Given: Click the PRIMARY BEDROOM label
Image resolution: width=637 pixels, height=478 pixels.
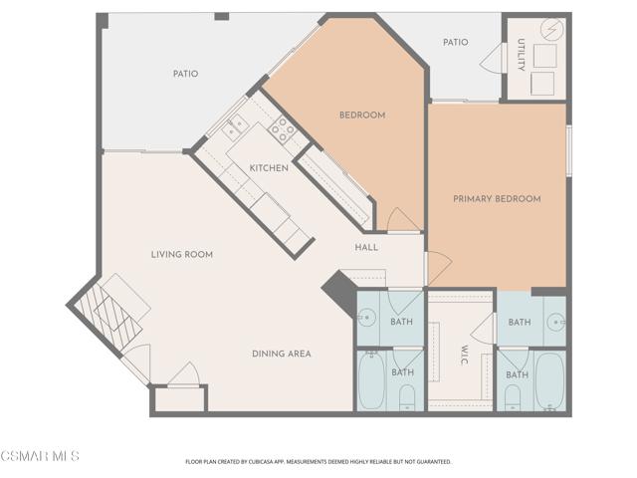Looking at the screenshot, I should click(497, 199).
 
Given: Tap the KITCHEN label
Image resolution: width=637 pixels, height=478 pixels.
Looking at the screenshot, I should click(269, 168).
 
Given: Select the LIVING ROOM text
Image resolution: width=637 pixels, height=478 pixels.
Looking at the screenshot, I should click(182, 255).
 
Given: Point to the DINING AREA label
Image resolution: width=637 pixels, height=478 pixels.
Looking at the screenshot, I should click(281, 354).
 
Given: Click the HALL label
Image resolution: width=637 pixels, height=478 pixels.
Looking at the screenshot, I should click(366, 247).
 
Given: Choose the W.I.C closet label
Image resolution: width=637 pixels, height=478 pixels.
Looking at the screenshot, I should click(464, 356).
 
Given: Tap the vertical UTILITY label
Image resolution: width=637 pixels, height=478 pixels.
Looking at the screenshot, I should click(521, 56).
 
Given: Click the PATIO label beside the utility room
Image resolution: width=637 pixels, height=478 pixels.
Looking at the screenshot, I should click(455, 42).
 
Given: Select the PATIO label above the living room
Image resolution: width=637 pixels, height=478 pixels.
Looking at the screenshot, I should click(185, 74).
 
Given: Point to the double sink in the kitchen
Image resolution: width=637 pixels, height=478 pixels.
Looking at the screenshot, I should click(236, 126).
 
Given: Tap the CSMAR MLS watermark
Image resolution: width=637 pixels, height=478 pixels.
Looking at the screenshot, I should click(40, 456).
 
